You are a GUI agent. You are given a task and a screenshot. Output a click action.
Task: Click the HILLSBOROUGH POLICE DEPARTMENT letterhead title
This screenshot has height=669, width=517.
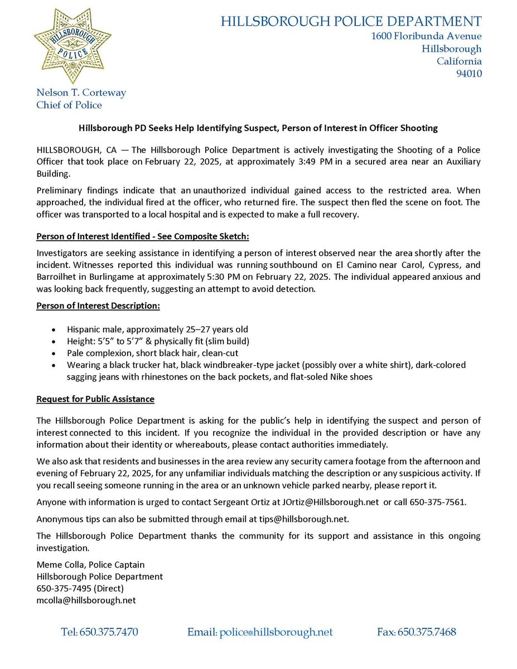pyautogui.click(x=351, y=22)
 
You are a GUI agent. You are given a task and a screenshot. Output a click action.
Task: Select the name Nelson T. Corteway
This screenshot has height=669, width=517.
pyautogui.click(x=81, y=93)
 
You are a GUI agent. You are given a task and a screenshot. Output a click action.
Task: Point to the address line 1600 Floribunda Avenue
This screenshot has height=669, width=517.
pyautogui.click(x=427, y=36)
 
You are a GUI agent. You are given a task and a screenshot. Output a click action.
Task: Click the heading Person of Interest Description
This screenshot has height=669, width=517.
pyautogui.click(x=98, y=306)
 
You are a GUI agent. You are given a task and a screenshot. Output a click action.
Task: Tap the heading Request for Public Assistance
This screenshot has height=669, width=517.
pyautogui.click(x=95, y=399)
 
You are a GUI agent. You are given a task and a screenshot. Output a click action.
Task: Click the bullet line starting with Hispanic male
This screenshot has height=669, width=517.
pyautogui.click(x=157, y=329)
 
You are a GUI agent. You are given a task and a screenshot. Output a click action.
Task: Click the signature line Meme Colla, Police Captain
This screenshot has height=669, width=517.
pyautogui.click(x=91, y=565)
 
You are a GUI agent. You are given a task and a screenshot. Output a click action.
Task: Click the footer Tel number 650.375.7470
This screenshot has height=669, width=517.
pyautogui.click(x=100, y=632)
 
